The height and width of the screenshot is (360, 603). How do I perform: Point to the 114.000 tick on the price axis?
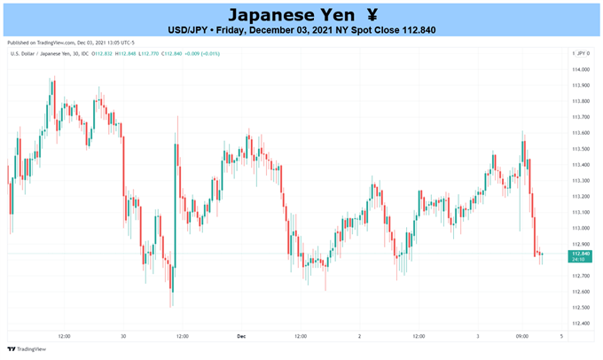tap(581, 69)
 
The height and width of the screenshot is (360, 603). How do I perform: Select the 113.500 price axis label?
tap(581, 148)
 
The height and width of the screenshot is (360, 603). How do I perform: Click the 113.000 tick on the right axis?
tap(581, 228)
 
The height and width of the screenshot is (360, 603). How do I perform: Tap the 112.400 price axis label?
tap(581, 323)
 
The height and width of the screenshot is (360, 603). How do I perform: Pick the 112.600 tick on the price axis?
tap(581, 292)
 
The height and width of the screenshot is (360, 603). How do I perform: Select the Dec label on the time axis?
tap(240, 337)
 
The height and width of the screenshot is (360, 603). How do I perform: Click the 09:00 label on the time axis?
tap(521, 337)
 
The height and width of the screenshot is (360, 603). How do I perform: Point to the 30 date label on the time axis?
tap(122, 337)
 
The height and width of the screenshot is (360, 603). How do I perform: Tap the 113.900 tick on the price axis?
tap(581, 85)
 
